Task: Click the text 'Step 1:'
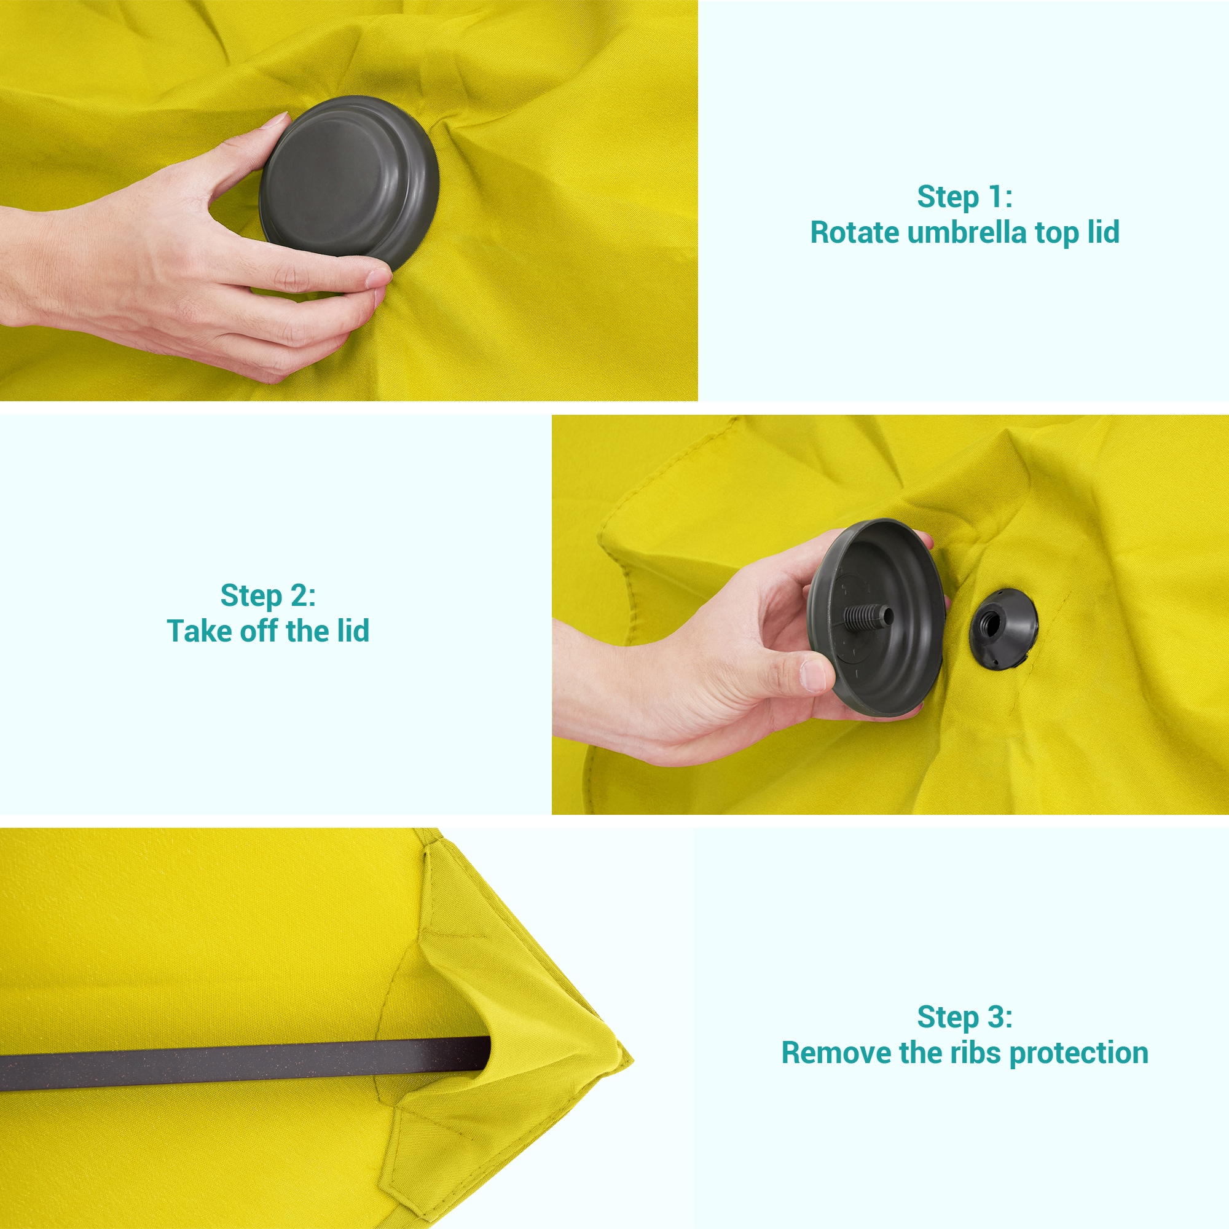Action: tap(964, 197)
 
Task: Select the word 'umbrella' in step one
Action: tap(966, 233)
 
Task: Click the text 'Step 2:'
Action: tap(268, 595)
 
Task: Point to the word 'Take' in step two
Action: tap(191, 631)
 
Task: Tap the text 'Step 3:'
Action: tap(964, 1016)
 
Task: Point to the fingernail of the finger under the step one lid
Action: tap(379, 278)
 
